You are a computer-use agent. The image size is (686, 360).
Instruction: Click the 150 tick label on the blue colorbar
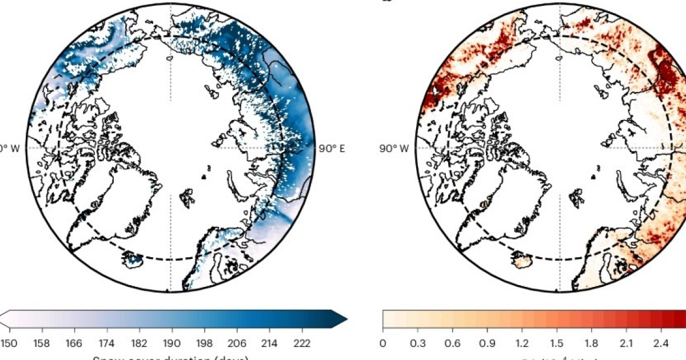[9, 343]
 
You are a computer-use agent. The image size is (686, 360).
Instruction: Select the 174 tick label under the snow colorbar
[106, 343]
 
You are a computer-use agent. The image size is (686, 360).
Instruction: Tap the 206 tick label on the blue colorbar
[237, 343]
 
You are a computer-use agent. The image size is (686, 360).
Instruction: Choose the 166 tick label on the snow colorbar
[74, 343]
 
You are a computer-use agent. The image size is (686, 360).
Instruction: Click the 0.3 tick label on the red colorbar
[418, 343]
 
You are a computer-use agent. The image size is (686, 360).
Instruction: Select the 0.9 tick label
[487, 343]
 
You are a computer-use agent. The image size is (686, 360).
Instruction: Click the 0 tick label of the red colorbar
[382, 343]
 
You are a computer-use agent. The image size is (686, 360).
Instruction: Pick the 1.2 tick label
[522, 343]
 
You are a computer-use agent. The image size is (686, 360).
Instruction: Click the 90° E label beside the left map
[332, 148]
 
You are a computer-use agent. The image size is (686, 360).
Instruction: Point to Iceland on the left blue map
[133, 261]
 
